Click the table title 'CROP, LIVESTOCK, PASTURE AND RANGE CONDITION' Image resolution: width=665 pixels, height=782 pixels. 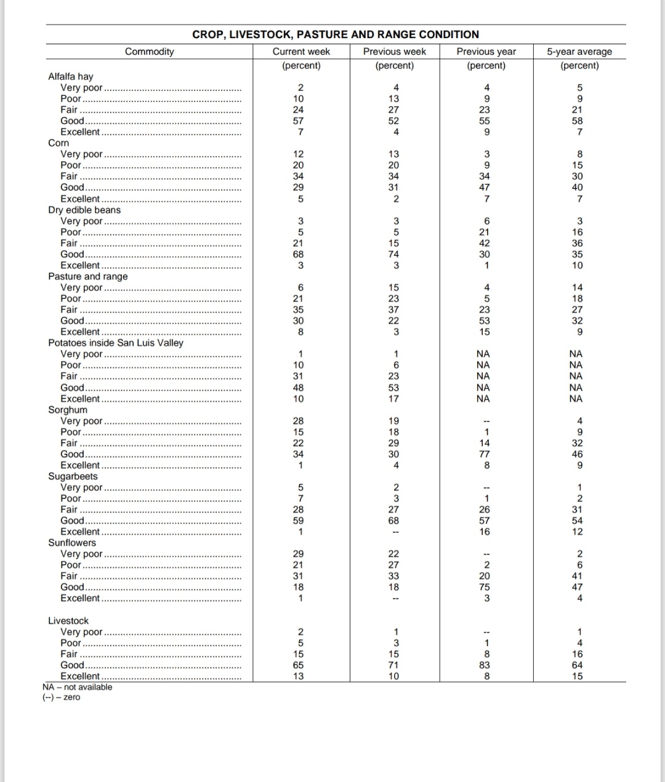tap(336, 34)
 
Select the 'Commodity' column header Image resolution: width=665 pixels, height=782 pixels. tap(149, 52)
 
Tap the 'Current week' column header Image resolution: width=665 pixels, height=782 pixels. tap(301, 52)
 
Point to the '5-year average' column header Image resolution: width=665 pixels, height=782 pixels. tap(579, 52)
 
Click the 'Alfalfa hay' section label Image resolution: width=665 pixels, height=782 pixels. tap(71, 76)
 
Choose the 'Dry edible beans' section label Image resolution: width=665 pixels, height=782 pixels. tap(84, 210)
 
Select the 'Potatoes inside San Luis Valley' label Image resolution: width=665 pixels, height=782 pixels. tap(116, 343)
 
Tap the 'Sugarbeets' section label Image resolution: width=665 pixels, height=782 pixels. tap(73, 476)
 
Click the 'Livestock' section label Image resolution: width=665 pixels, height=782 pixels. tap(68, 621)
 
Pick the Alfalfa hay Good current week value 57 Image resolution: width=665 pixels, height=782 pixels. tap(299, 121)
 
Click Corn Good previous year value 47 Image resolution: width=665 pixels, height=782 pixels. tap(486, 187)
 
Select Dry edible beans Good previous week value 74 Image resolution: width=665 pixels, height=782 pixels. tap(394, 254)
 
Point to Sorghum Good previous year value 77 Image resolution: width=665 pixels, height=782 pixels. tap(485, 454)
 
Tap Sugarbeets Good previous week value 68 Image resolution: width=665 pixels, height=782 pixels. tap(394, 521)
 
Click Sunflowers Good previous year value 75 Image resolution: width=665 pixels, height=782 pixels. tap(485, 587)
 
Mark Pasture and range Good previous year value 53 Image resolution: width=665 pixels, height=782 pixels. tap(485, 321)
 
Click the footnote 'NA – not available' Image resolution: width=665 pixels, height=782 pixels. tap(78, 687)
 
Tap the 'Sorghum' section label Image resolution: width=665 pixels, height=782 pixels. tap(68, 410)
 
